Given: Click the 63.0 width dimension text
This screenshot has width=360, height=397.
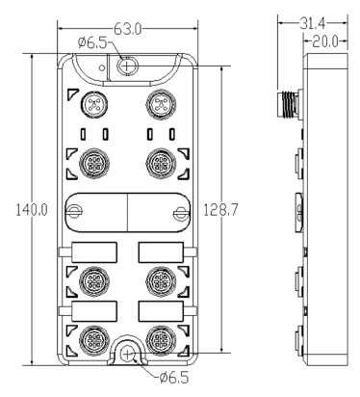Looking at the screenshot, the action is pos(128,30).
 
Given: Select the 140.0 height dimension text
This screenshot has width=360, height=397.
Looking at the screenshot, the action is pos(32,210).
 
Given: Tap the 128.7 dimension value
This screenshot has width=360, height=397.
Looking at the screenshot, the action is pos(220,210).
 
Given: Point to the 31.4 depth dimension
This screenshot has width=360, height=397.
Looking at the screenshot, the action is pos(313,23).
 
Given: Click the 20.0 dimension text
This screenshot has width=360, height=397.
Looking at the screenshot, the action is pos(325,41).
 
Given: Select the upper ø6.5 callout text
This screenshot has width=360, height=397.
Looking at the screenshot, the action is pos(92,42).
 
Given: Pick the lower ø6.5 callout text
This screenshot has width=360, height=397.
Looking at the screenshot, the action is pos(174,378).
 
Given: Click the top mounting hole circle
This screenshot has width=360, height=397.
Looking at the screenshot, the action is pos(127,66).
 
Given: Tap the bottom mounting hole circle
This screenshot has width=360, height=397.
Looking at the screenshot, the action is pos(128,355).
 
